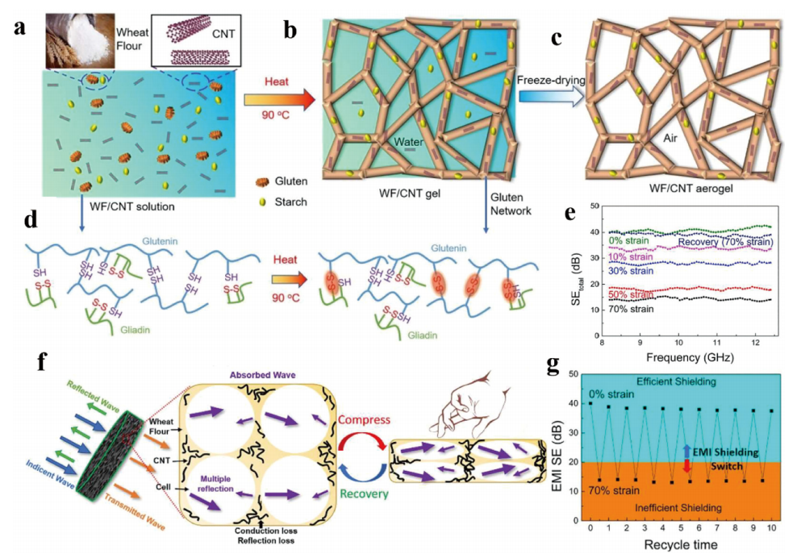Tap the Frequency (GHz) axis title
pyautogui.click(x=684, y=354)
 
